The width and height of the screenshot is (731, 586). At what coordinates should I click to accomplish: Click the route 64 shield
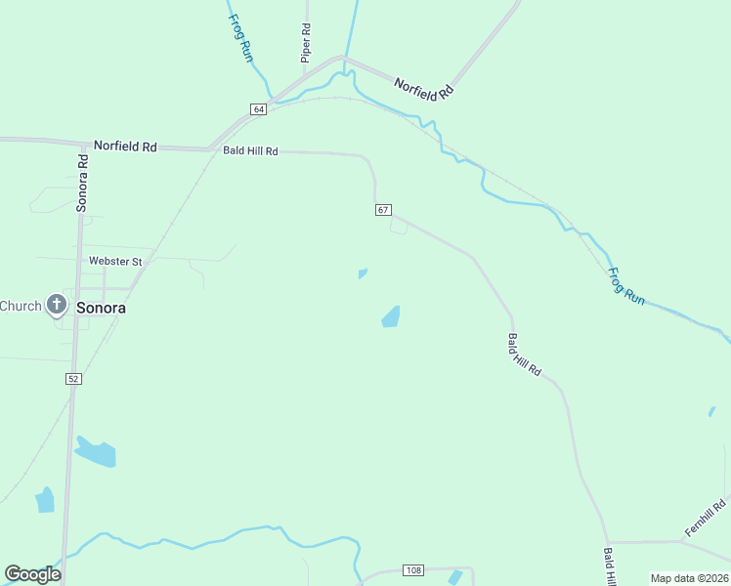258,109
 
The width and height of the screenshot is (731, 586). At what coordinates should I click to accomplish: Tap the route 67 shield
383,210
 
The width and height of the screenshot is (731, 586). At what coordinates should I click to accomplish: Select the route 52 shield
73,378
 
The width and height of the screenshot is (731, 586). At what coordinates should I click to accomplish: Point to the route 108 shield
413,570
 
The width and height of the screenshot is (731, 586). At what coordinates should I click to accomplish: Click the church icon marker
57,306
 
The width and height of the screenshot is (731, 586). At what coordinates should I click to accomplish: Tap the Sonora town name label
102,307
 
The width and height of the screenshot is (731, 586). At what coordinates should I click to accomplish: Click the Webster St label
115,262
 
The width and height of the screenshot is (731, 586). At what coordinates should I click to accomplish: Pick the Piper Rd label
306,44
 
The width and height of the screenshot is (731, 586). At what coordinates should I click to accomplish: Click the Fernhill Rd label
706,517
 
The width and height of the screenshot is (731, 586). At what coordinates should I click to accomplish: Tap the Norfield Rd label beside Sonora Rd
125,146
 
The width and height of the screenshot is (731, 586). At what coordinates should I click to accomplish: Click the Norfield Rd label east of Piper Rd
425,90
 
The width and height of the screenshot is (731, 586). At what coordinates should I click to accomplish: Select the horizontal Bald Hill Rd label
250,151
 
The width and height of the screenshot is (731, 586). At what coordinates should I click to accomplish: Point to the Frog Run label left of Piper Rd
240,38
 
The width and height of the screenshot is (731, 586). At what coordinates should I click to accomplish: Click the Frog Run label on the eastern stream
625,287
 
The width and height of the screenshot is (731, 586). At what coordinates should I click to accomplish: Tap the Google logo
32,574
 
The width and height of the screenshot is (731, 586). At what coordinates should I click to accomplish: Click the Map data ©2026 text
689,578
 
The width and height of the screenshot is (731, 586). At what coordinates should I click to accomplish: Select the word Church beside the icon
21,306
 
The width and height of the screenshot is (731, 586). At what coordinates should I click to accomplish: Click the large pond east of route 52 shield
96,452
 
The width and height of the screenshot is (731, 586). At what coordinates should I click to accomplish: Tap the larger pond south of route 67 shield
391,316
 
